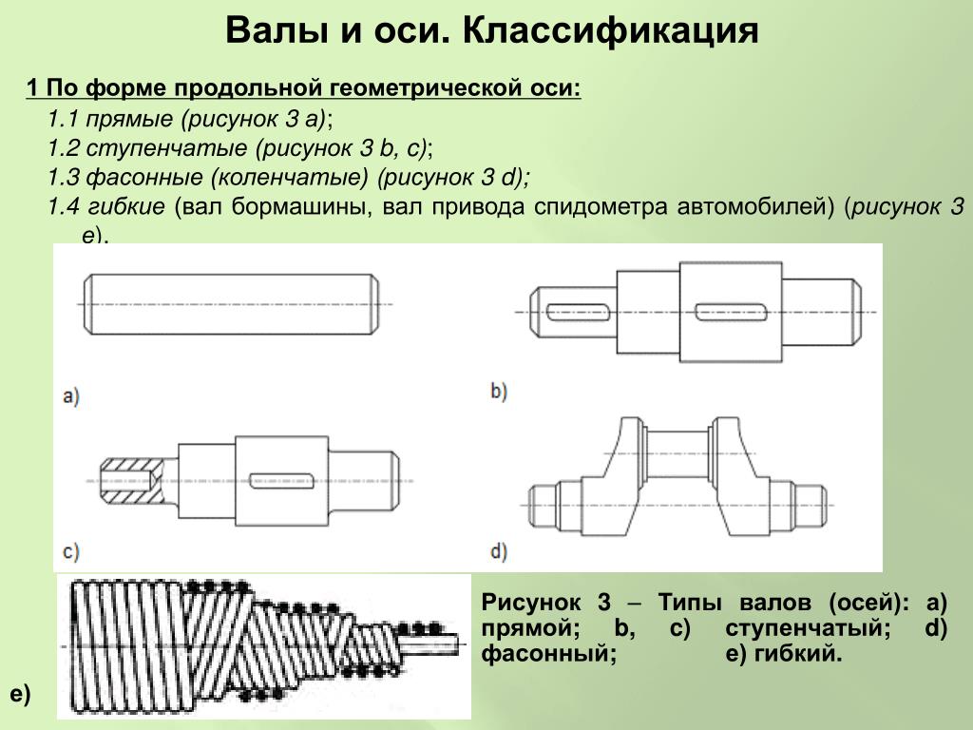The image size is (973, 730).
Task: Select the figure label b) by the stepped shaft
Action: [501, 391]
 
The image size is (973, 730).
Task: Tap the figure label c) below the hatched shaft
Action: [70, 550]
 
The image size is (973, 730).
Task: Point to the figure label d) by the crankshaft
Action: [501, 550]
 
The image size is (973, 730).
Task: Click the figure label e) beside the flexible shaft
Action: [20, 695]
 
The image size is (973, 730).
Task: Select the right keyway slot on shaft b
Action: [731, 310]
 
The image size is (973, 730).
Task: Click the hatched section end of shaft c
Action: [131, 478]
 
